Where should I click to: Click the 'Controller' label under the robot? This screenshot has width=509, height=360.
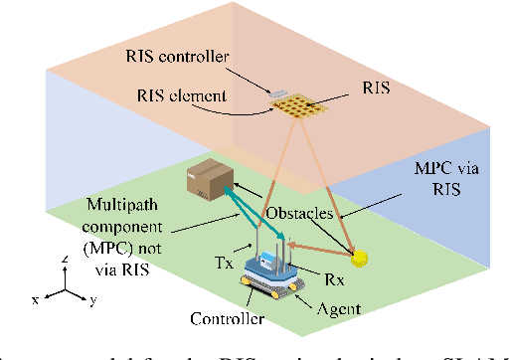coord(227,319)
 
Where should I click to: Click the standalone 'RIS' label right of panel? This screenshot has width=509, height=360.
coord(372,89)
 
